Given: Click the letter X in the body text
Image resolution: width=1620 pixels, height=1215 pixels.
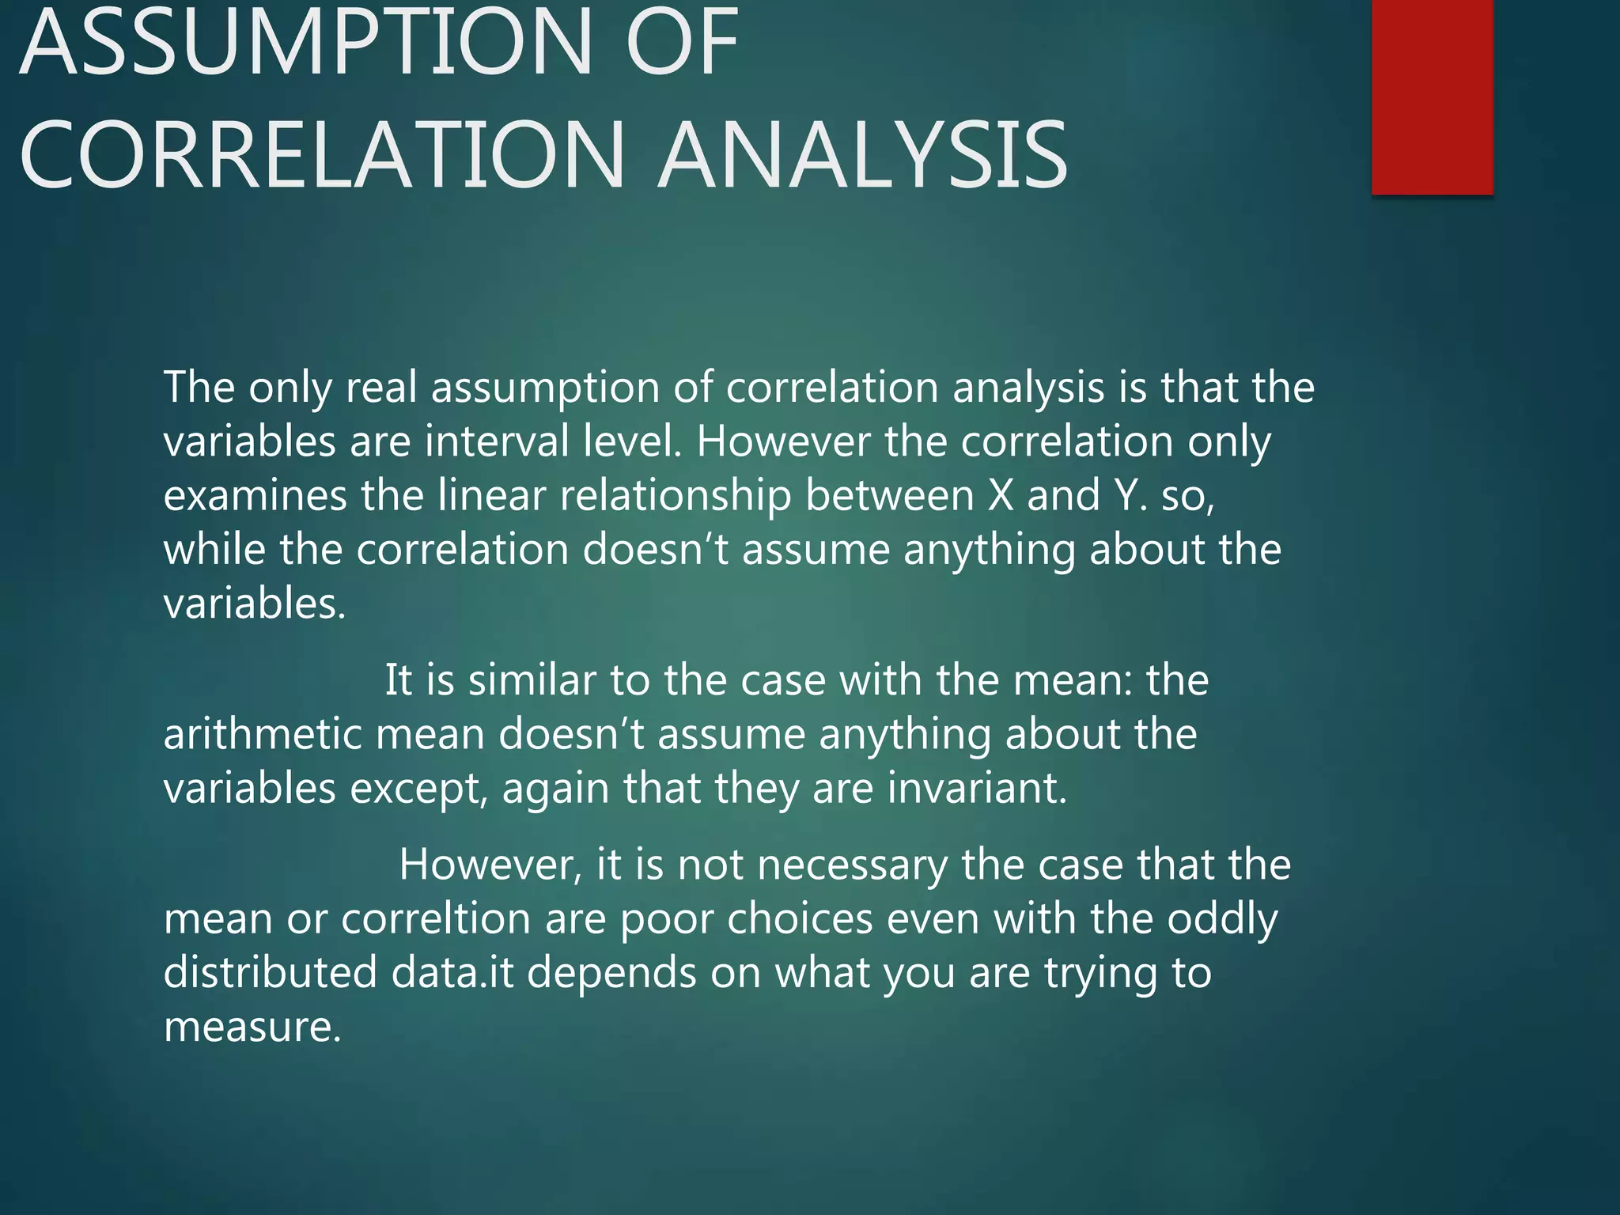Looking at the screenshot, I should pos(1001,495).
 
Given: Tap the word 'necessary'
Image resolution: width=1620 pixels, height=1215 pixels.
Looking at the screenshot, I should pos(852,865).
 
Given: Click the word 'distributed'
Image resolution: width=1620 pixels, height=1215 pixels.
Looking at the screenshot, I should pos(270,972).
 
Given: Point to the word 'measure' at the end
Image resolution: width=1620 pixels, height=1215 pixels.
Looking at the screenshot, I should pos(252,1027).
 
